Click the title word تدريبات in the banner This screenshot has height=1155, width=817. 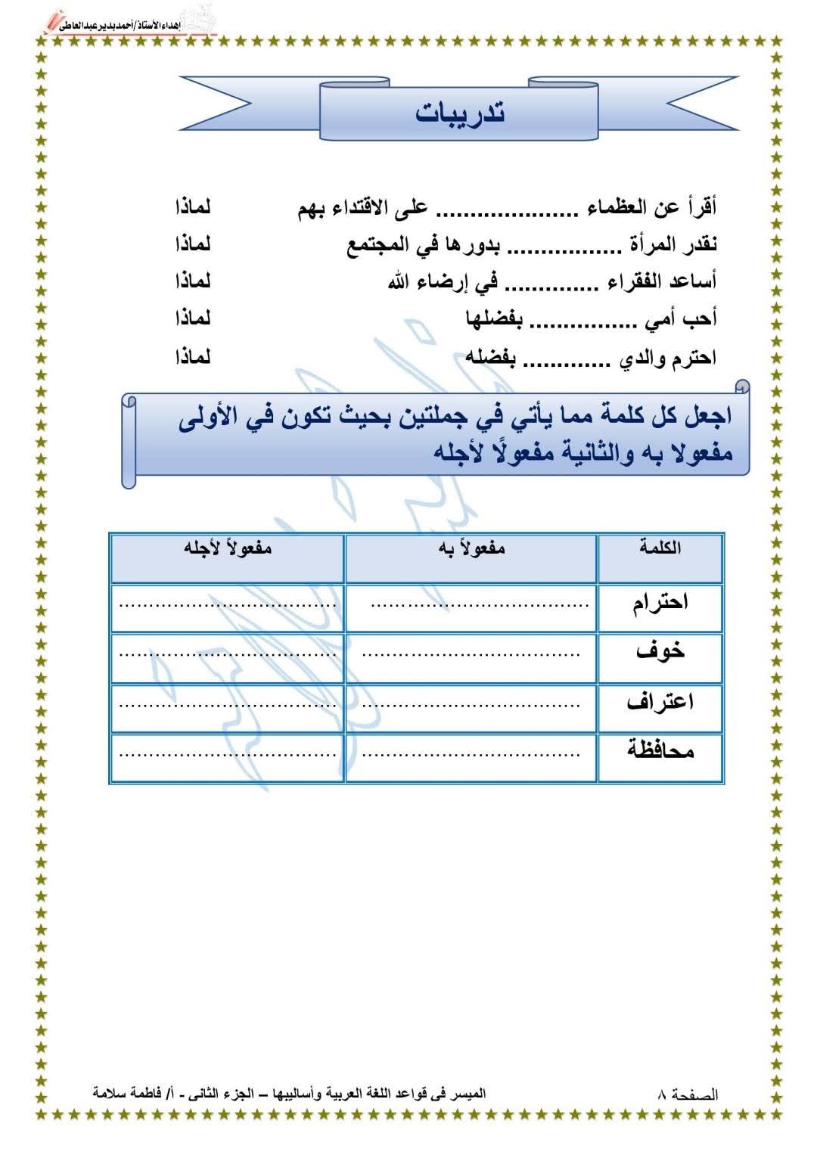[460, 113]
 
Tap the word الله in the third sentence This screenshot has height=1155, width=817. [398, 282]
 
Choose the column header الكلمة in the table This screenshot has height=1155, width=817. [660, 548]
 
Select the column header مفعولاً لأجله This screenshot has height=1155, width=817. [227, 548]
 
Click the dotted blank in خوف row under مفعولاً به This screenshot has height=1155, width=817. [471, 654]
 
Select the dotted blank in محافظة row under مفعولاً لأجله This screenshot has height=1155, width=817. [227, 755]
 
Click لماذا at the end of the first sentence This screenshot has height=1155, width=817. [192, 206]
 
